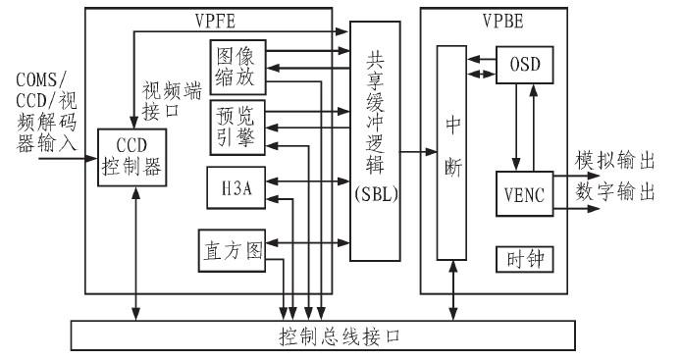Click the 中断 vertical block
450,153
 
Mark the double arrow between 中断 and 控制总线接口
450,290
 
